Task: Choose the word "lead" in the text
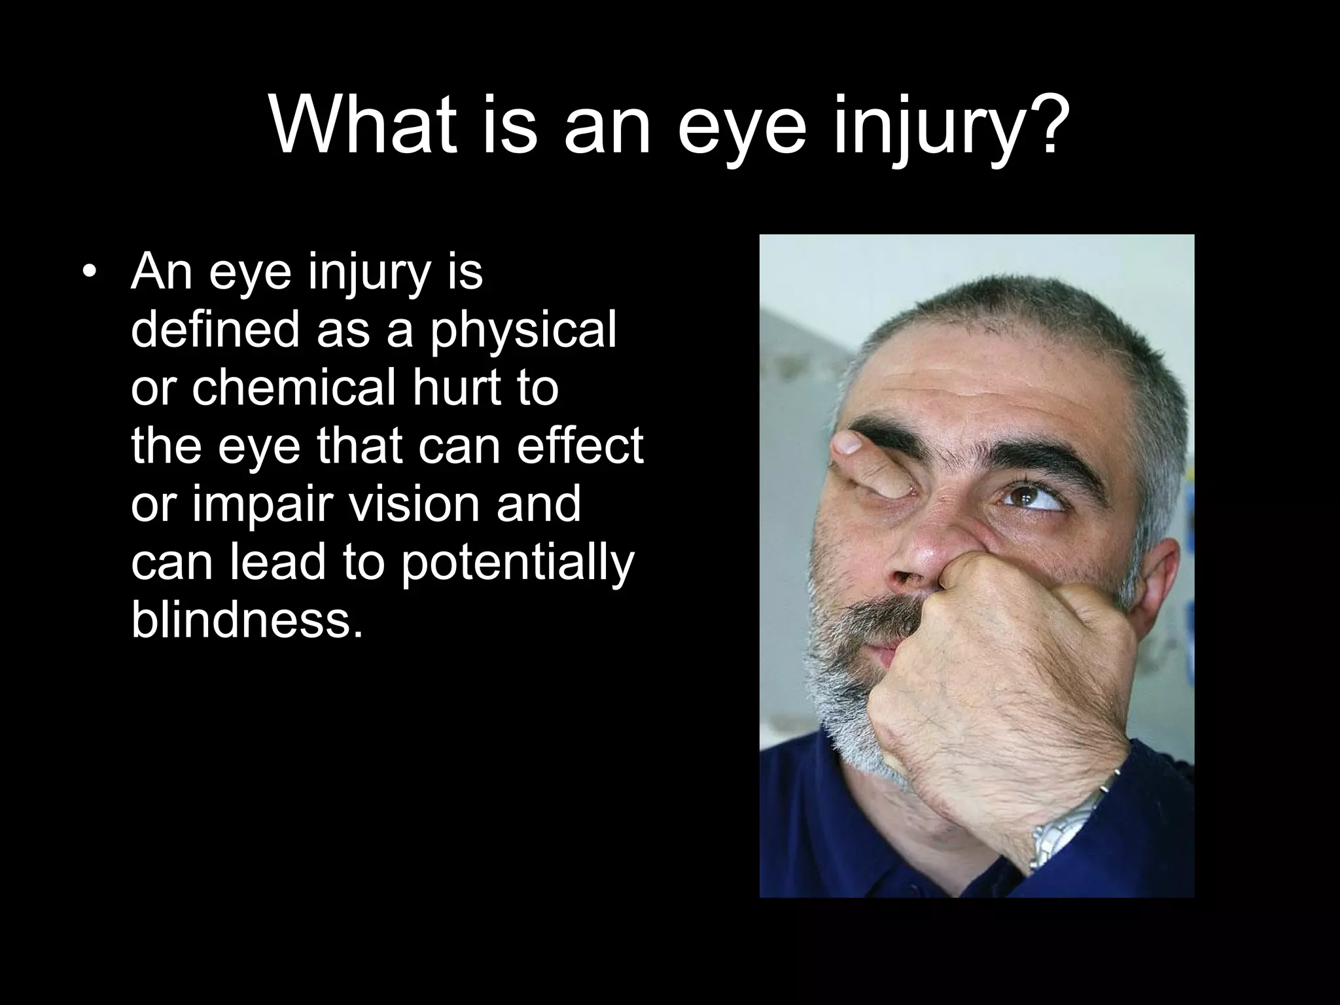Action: (277, 561)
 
